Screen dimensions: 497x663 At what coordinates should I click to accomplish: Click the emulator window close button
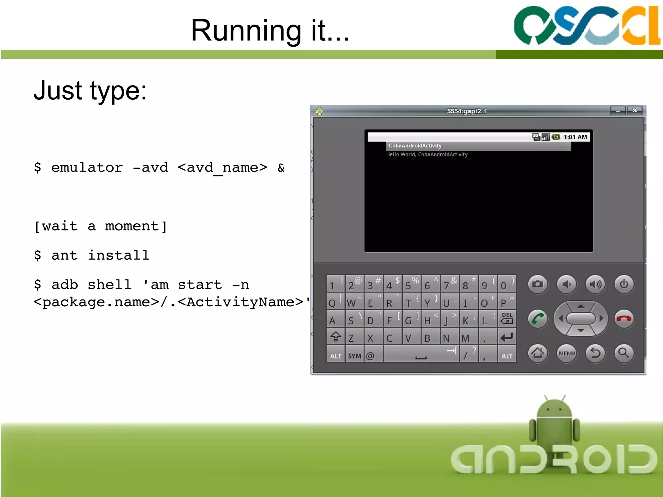click(635, 111)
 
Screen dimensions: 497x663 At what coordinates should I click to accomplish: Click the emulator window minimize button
click(618, 111)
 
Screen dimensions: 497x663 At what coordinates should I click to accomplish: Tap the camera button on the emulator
click(537, 284)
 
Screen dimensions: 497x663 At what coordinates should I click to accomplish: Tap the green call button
click(537, 319)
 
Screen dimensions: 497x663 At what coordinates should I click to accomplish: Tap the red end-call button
click(624, 319)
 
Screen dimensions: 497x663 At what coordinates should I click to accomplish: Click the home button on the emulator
click(537, 353)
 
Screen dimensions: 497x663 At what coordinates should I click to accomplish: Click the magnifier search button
click(624, 353)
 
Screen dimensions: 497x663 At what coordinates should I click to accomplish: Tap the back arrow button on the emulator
click(595, 353)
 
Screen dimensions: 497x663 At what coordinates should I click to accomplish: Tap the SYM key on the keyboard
click(354, 356)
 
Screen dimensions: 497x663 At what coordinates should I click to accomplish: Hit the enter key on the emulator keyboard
click(507, 338)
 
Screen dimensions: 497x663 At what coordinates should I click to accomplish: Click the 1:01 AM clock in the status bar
click(575, 137)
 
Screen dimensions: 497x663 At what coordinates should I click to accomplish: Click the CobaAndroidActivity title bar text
click(415, 146)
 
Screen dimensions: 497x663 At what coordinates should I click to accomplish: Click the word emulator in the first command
click(87, 168)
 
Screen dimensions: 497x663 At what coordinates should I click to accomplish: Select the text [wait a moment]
click(100, 226)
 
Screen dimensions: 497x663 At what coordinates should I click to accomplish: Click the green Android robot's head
click(554, 409)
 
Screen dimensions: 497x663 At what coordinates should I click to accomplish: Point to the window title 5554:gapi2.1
click(466, 111)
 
